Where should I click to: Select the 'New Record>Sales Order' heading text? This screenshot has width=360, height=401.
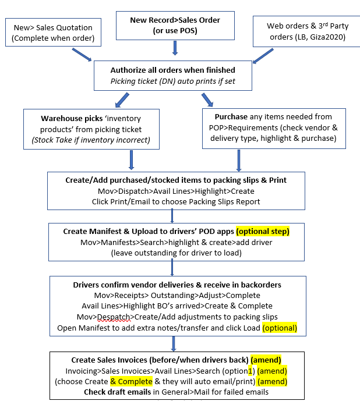tap(175, 20)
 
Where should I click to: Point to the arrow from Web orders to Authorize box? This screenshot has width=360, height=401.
tap(264, 56)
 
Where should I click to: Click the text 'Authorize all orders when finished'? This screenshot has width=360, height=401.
tap(173, 70)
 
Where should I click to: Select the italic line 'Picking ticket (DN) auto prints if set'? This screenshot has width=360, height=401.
tap(173, 81)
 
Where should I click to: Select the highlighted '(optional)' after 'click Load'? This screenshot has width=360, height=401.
tap(279, 328)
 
